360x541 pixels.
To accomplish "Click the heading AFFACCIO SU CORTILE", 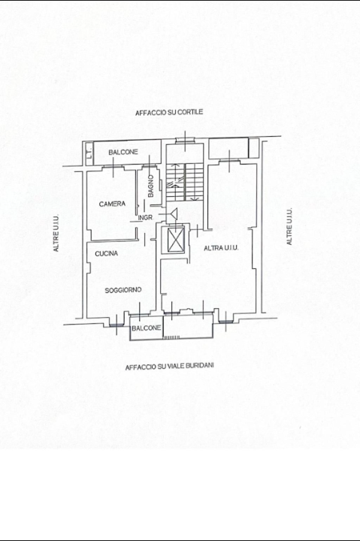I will pos(169,112).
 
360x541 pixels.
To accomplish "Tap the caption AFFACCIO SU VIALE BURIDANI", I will pos(169,368).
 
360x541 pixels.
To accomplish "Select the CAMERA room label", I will pos(112,204).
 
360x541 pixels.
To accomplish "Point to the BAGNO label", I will pos(151,186).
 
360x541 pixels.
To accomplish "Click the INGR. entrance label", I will pos(146,218).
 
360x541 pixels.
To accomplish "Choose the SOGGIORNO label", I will pos(124,289).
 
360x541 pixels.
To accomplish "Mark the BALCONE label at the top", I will pos(123,153).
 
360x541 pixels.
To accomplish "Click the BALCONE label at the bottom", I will pos(146,329).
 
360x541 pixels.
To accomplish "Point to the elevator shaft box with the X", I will pos(174,240).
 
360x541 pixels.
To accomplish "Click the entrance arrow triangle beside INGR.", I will pos(172,216).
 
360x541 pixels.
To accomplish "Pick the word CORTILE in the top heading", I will pos(189,112).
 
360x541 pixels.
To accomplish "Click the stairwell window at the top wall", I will pos(185,141).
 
